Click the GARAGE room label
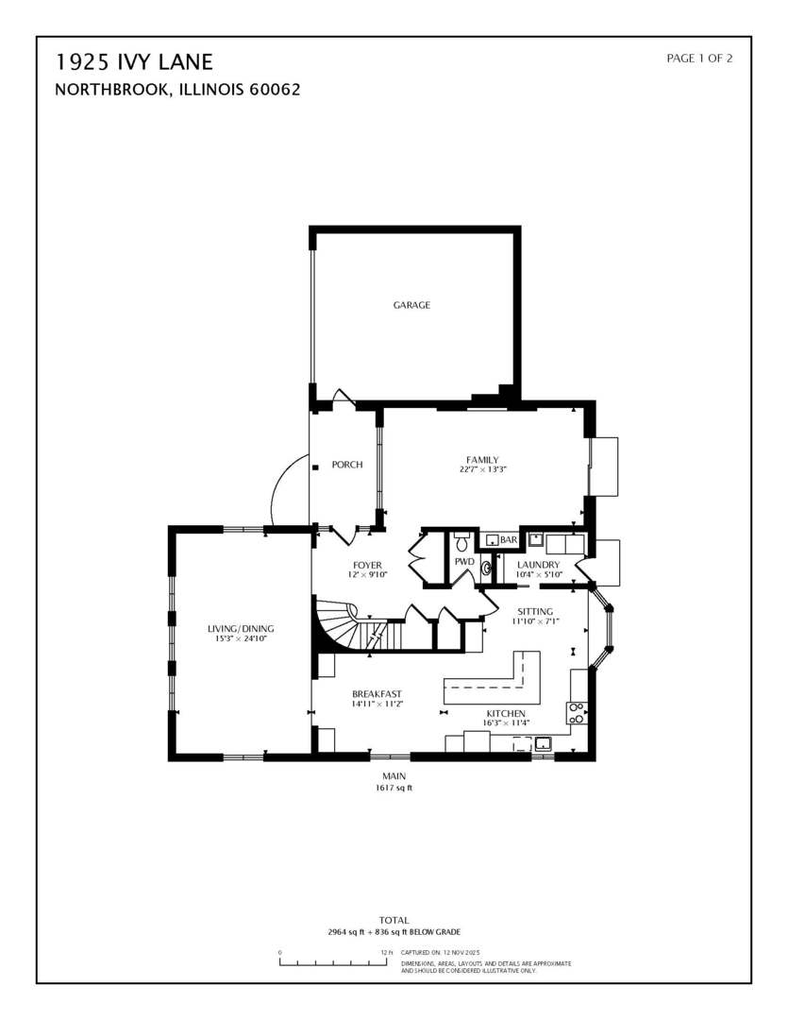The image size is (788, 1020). [411, 305]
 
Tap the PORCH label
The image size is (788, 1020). [347, 465]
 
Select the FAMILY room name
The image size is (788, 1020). [482, 460]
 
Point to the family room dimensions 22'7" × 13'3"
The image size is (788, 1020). [483, 470]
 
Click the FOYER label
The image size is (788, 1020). [367, 565]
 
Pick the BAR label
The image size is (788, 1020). [509, 540]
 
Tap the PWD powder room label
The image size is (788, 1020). [464, 562]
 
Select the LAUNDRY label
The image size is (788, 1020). [539, 565]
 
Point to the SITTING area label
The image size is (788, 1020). [535, 611]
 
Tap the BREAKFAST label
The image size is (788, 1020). [377, 694]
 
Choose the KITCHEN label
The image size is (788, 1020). [508, 713]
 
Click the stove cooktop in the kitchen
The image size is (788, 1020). [576, 712]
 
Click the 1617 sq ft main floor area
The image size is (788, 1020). [394, 788]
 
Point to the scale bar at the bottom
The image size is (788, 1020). [333, 961]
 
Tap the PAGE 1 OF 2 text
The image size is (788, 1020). [699, 59]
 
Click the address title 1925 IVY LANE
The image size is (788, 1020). [134, 62]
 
